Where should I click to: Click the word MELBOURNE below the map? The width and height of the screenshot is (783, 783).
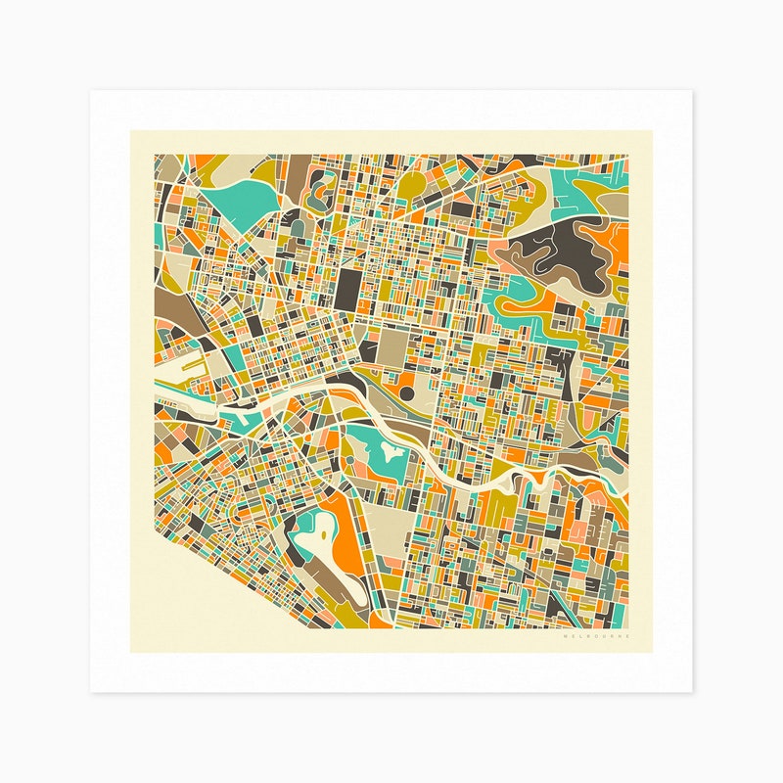coord(597,637)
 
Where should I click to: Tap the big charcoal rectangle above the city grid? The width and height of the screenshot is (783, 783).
coord(349,289)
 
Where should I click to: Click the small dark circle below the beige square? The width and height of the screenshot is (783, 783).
coord(406,393)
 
